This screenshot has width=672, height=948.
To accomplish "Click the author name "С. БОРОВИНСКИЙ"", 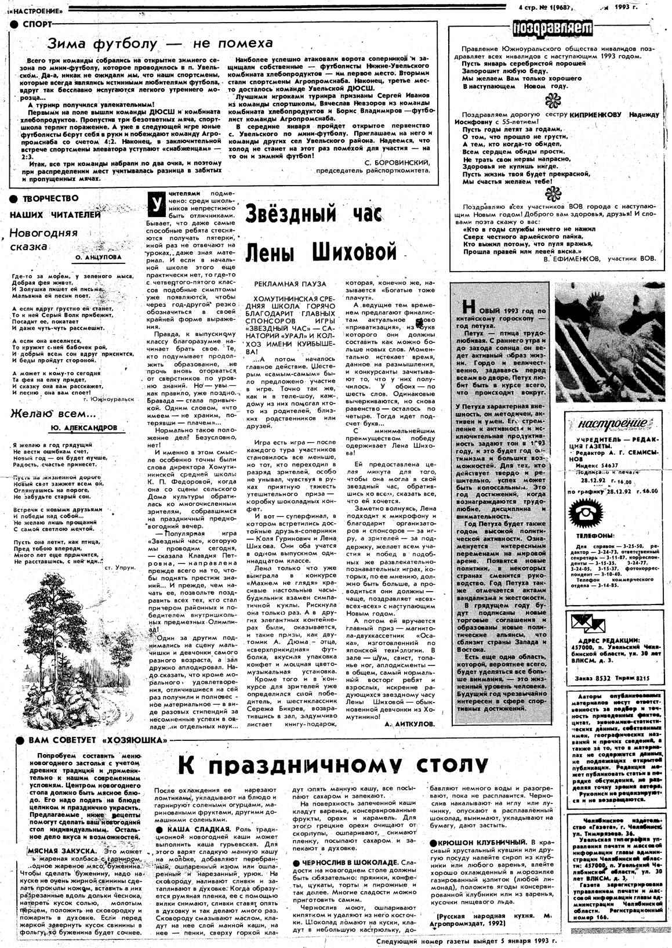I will (x=398, y=164).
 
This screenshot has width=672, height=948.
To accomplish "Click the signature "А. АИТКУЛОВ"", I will (x=409, y=724).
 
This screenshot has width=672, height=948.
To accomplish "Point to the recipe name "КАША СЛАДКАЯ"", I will (x=197, y=830).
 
